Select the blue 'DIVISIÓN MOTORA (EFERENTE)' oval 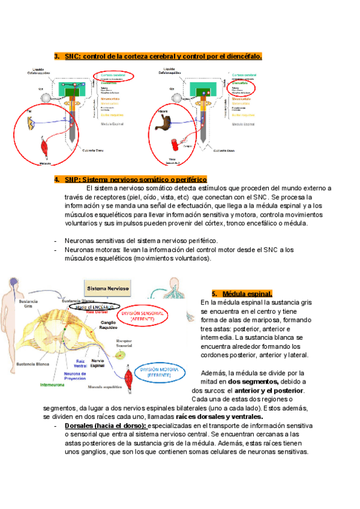click(x=155, y=372)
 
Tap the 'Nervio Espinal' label click(x=97, y=363)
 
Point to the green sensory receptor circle click(x=122, y=355)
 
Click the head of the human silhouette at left click(x=11, y=281)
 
